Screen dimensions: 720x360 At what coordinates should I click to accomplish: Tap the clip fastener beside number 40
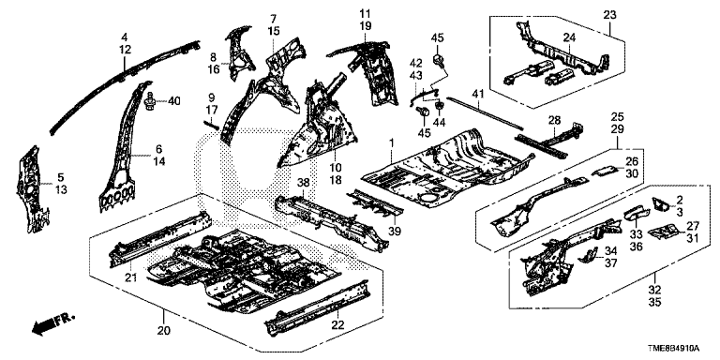click(149, 101)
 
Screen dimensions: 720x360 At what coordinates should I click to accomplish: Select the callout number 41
click(478, 95)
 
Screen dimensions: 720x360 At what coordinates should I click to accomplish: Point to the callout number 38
click(303, 182)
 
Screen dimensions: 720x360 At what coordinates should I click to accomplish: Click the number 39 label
click(395, 232)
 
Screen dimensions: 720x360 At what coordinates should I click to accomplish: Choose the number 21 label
click(132, 277)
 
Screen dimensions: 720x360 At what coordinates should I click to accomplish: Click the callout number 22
click(337, 324)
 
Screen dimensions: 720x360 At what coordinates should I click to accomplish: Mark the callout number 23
click(609, 15)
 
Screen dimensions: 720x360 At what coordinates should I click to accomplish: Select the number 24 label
click(569, 38)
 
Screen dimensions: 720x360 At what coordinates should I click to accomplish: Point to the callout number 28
click(555, 120)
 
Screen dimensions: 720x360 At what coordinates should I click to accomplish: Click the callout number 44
click(440, 123)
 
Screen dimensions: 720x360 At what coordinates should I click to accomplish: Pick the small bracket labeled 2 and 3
click(662, 204)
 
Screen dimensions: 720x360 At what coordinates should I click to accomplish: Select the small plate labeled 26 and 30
click(604, 172)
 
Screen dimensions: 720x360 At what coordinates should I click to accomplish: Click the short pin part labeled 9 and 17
click(211, 125)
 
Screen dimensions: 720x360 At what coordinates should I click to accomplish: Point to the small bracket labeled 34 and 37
click(588, 256)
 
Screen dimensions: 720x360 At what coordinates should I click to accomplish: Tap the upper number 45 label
click(436, 38)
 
